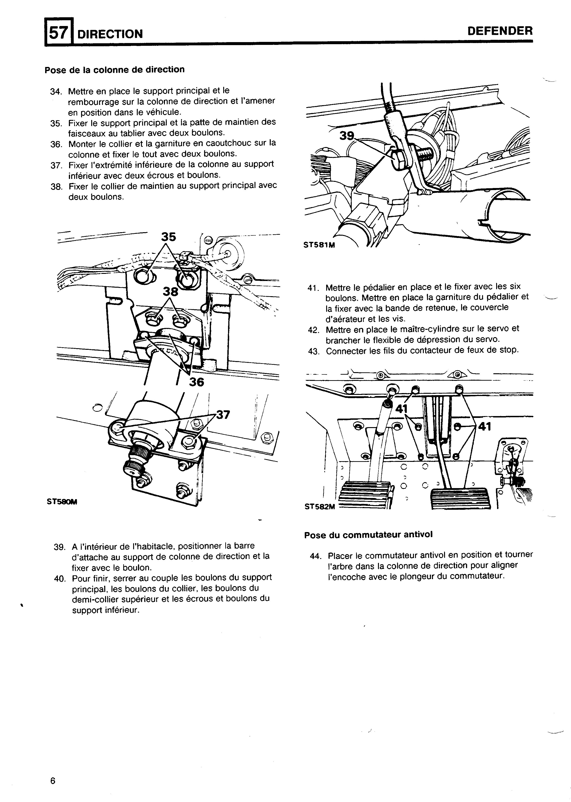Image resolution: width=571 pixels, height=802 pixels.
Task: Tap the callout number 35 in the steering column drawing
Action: tap(168, 237)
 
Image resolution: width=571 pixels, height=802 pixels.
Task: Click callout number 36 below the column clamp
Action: tap(196, 382)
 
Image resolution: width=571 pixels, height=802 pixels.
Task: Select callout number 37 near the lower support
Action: tap(223, 415)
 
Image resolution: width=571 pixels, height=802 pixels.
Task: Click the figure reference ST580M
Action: tap(62, 502)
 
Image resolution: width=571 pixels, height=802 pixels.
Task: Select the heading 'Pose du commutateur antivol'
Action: tap(368, 535)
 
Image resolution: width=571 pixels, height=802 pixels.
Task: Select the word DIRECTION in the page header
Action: tap(110, 34)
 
